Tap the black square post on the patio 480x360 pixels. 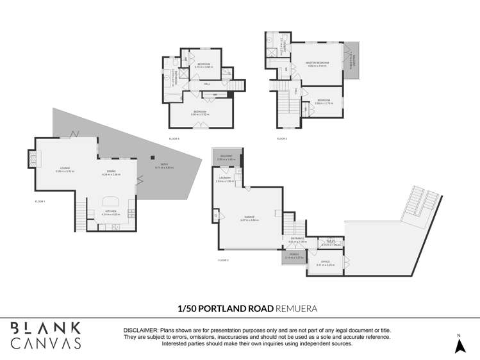pos(152,156)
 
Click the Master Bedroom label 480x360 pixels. pos(318,63)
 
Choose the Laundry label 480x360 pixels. pos(224,179)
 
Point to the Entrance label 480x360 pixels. pos(298,239)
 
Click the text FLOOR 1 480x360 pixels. pos(40,201)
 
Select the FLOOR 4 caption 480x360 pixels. pos(174,138)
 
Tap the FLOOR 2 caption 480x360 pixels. pos(223,260)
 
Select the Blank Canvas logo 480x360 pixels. pos(46,336)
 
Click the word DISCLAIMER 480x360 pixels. pos(140,331)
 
